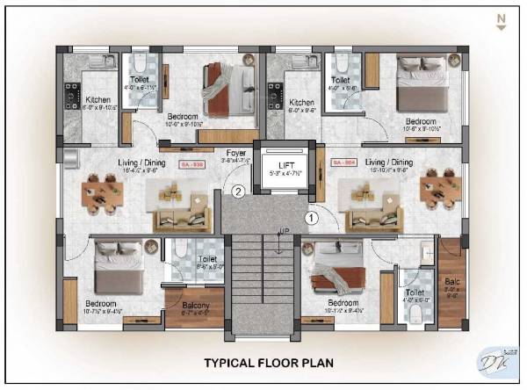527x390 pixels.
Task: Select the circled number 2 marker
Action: click(236, 190)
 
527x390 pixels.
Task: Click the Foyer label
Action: click(235, 154)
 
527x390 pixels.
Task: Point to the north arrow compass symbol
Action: click(501, 22)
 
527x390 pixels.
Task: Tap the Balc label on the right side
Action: click(451, 284)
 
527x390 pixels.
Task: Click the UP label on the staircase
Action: click(283, 232)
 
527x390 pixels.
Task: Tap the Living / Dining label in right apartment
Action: click(388, 162)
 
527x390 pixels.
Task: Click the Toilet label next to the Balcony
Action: click(207, 259)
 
